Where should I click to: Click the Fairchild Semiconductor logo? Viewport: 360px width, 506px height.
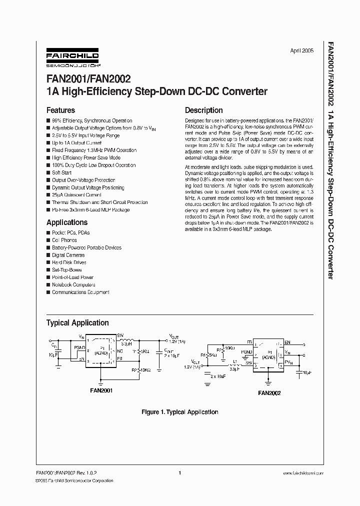pos(72,57)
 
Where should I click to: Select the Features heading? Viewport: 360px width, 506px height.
pos(60,110)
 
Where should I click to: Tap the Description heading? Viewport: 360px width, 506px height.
pos(204,110)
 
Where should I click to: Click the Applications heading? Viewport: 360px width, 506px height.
pos(67,222)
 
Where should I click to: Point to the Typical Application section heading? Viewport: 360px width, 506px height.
pos(77,322)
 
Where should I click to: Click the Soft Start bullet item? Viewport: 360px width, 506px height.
pos(62,172)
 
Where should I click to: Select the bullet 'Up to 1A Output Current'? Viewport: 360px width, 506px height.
pos(76,143)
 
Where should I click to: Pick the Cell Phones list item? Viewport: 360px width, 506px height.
pos(64,240)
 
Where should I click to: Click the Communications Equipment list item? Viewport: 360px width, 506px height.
pos(80,292)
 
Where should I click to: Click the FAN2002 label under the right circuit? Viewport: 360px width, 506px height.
pos(269,393)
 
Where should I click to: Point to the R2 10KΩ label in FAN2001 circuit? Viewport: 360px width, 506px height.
pos(141,370)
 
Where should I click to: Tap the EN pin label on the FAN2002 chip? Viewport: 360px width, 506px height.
pos(287,342)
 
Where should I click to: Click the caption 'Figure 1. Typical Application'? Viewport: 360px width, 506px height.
pos(180,412)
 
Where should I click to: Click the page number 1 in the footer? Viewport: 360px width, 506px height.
pos(179,472)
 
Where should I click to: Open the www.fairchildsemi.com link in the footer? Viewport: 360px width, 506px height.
pos(298,472)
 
